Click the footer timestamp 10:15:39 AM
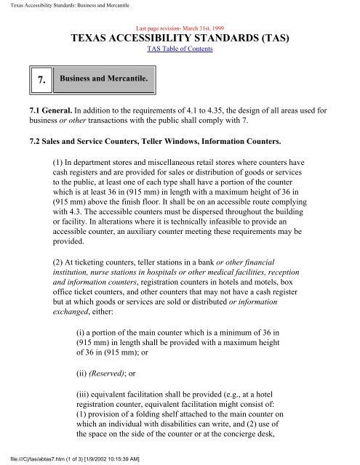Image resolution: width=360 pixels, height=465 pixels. pos(130,458)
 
